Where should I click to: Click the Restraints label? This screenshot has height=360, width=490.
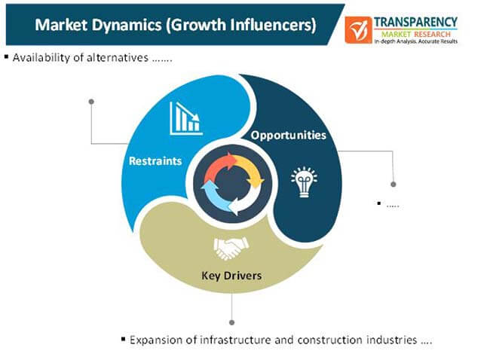[155, 161]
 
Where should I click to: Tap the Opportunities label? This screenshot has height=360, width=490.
[289, 136]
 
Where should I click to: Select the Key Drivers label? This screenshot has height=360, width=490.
[231, 276]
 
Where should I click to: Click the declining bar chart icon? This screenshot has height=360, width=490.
[186, 119]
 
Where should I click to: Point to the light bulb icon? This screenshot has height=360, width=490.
[304, 182]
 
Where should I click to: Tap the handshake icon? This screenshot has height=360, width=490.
[231, 249]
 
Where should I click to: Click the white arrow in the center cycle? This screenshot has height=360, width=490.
[245, 201]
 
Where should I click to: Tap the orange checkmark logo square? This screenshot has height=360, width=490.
[358, 30]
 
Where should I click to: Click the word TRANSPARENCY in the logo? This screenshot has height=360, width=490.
[415, 22]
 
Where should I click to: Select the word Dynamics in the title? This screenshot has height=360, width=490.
[127, 25]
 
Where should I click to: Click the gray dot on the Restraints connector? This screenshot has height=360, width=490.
[91, 102]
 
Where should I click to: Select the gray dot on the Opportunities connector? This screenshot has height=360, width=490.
[394, 185]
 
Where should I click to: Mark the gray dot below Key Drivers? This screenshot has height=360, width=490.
[231, 322]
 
